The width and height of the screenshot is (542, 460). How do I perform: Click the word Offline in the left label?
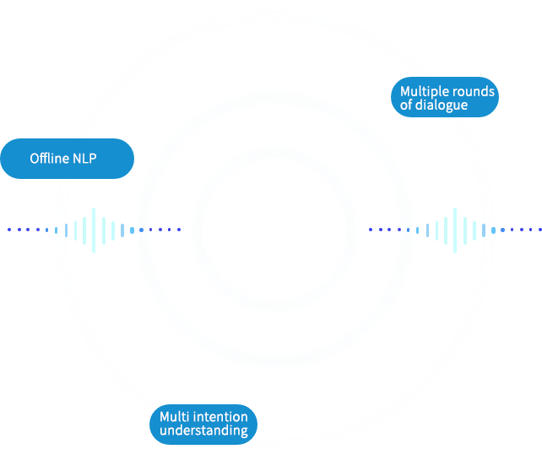point(49,159)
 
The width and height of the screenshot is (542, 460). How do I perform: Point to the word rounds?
point(472,92)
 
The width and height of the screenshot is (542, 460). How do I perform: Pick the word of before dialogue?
point(407,106)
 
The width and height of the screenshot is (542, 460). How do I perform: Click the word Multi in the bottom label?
point(175,417)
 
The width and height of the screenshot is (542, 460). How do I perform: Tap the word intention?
point(220,417)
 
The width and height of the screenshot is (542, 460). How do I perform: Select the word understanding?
point(203,430)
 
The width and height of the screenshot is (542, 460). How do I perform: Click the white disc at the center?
point(275,228)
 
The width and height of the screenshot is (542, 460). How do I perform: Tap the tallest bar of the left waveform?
point(94,229)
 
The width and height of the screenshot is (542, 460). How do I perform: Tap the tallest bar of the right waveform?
point(456,229)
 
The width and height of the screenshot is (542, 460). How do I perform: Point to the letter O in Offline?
point(35,159)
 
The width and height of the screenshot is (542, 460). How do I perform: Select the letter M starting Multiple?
point(405,92)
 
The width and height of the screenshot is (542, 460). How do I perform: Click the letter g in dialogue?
point(452,108)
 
